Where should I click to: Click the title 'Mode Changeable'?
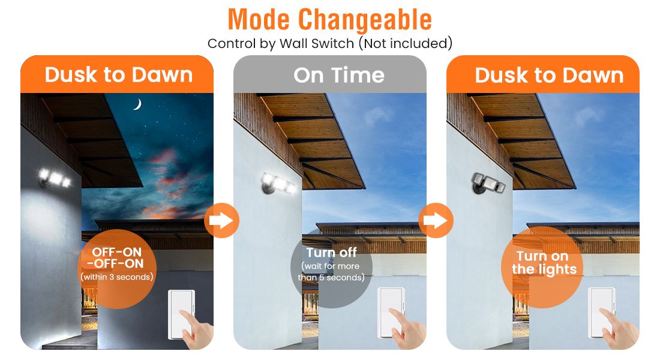pyautogui.click(x=329, y=19)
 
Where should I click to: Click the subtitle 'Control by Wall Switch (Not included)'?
pyautogui.click(x=329, y=43)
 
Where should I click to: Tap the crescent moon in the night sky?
pyautogui.click(x=137, y=104)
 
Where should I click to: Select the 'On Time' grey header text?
pyautogui.click(x=339, y=76)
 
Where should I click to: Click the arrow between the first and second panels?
pyautogui.click(x=221, y=220)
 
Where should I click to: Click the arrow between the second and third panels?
pyautogui.click(x=436, y=220)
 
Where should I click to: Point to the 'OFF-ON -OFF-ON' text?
pyautogui.click(x=116, y=257)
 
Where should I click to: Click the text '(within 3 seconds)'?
pyautogui.click(x=116, y=277)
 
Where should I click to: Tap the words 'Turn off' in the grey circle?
pyautogui.click(x=331, y=253)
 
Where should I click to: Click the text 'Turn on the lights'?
pyautogui.click(x=544, y=263)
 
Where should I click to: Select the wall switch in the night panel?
pyautogui.click(x=181, y=314)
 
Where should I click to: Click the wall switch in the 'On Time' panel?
pyautogui.click(x=391, y=313)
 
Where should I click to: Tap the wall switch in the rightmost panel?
pyautogui.click(x=601, y=313)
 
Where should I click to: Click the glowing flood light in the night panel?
pyautogui.click(x=55, y=178)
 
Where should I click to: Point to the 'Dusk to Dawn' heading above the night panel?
pyautogui.click(x=119, y=75)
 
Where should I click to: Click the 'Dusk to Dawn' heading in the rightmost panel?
pyautogui.click(x=549, y=76)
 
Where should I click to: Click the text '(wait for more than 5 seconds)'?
pyautogui.click(x=331, y=272)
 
